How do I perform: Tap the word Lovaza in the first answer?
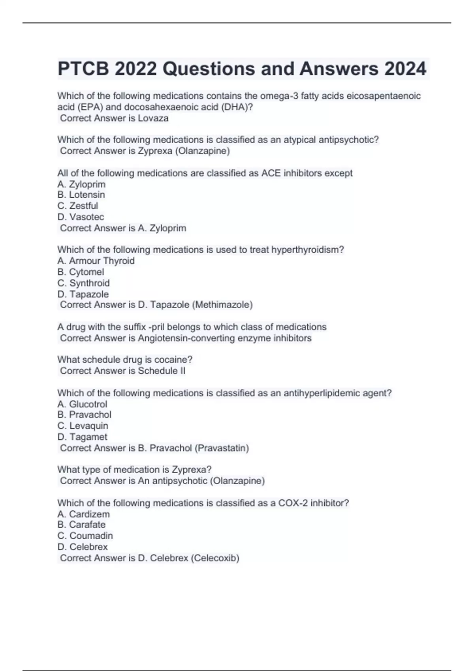tap(153, 118)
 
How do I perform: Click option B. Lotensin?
tap(81, 195)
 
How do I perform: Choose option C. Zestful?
tap(78, 206)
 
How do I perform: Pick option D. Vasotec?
tap(81, 217)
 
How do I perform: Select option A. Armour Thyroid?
tap(96, 261)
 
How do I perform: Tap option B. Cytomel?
tap(81, 272)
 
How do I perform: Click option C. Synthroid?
tap(84, 283)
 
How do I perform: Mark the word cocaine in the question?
tap(173, 360)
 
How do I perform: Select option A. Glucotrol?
tap(82, 404)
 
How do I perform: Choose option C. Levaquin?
tap(83, 426)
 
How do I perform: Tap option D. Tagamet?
tap(82, 437)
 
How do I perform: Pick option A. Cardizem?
tap(84, 514)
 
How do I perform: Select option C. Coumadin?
tap(85, 536)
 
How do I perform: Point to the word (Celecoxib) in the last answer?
tap(215, 558)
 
